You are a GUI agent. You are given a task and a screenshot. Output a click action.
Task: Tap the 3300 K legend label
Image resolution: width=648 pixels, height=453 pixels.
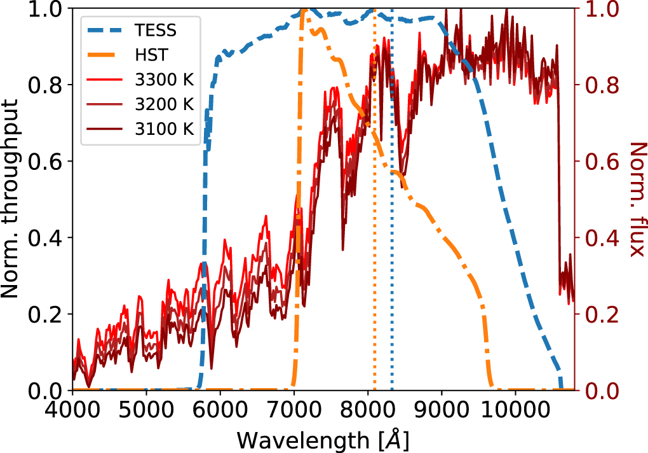(164, 80)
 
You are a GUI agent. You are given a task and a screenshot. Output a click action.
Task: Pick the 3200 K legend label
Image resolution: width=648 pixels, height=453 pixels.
(164, 104)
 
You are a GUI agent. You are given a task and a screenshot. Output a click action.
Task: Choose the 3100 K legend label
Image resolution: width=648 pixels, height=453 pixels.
(164, 128)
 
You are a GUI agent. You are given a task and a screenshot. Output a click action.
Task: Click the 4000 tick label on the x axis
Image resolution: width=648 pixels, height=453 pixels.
(72, 408)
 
